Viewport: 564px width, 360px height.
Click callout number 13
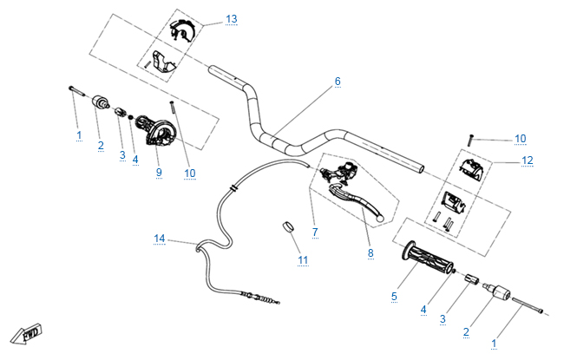click(230, 18)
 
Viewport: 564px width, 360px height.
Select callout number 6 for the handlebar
click(338, 82)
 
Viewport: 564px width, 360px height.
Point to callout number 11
click(302, 259)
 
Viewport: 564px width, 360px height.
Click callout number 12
click(528, 160)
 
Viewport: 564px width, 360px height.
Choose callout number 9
click(159, 173)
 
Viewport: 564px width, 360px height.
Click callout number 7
click(314, 232)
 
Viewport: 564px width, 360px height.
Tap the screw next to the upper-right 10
click(471, 137)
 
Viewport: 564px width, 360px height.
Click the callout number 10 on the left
click(190, 173)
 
